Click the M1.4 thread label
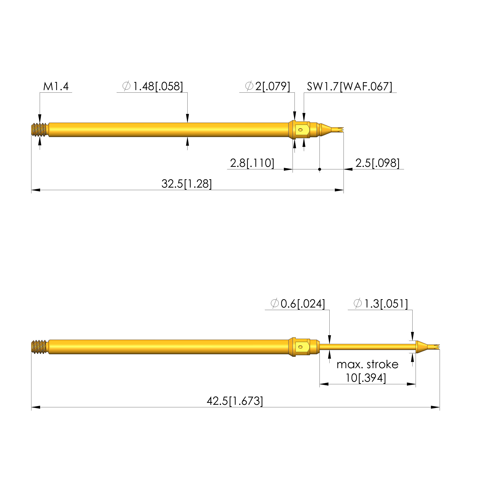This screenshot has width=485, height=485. tap(56, 86)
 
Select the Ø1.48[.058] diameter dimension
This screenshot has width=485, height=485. tap(153, 86)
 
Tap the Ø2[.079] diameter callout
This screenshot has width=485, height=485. tap(268, 86)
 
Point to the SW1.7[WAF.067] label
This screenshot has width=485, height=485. tap(349, 87)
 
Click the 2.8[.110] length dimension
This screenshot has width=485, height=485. tap(252, 163)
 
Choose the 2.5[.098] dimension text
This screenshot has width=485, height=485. tap(377, 163)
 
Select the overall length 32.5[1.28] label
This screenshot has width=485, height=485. tap(187, 184)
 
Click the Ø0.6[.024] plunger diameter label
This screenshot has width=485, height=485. tap(298, 304)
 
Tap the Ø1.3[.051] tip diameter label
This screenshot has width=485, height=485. tap(381, 304)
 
